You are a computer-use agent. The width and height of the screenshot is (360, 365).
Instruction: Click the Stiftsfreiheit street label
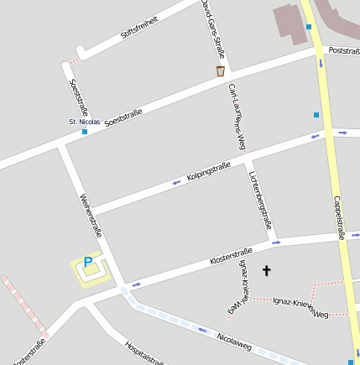(x=139, y=27)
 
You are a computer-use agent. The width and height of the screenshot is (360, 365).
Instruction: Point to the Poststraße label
(x=343, y=51)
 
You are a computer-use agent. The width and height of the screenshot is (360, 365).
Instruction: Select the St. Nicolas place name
(x=84, y=122)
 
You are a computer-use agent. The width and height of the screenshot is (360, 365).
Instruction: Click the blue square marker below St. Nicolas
(x=85, y=132)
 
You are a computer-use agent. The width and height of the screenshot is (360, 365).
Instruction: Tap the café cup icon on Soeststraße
(x=221, y=71)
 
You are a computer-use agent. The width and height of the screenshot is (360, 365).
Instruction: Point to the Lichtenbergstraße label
(x=262, y=200)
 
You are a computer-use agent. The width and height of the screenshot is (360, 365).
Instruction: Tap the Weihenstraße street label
(x=90, y=214)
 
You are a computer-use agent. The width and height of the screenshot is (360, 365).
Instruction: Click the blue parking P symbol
(x=87, y=263)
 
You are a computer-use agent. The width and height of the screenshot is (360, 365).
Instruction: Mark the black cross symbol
(x=267, y=270)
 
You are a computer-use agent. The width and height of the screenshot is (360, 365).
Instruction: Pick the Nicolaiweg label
(x=233, y=339)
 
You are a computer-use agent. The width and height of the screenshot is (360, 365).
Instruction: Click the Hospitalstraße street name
(x=144, y=352)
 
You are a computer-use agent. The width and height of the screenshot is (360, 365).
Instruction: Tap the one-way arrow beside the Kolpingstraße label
(x=176, y=182)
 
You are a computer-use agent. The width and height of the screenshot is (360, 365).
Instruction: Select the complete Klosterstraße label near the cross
(x=231, y=258)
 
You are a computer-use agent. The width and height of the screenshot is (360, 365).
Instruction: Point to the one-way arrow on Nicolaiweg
(x=201, y=329)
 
